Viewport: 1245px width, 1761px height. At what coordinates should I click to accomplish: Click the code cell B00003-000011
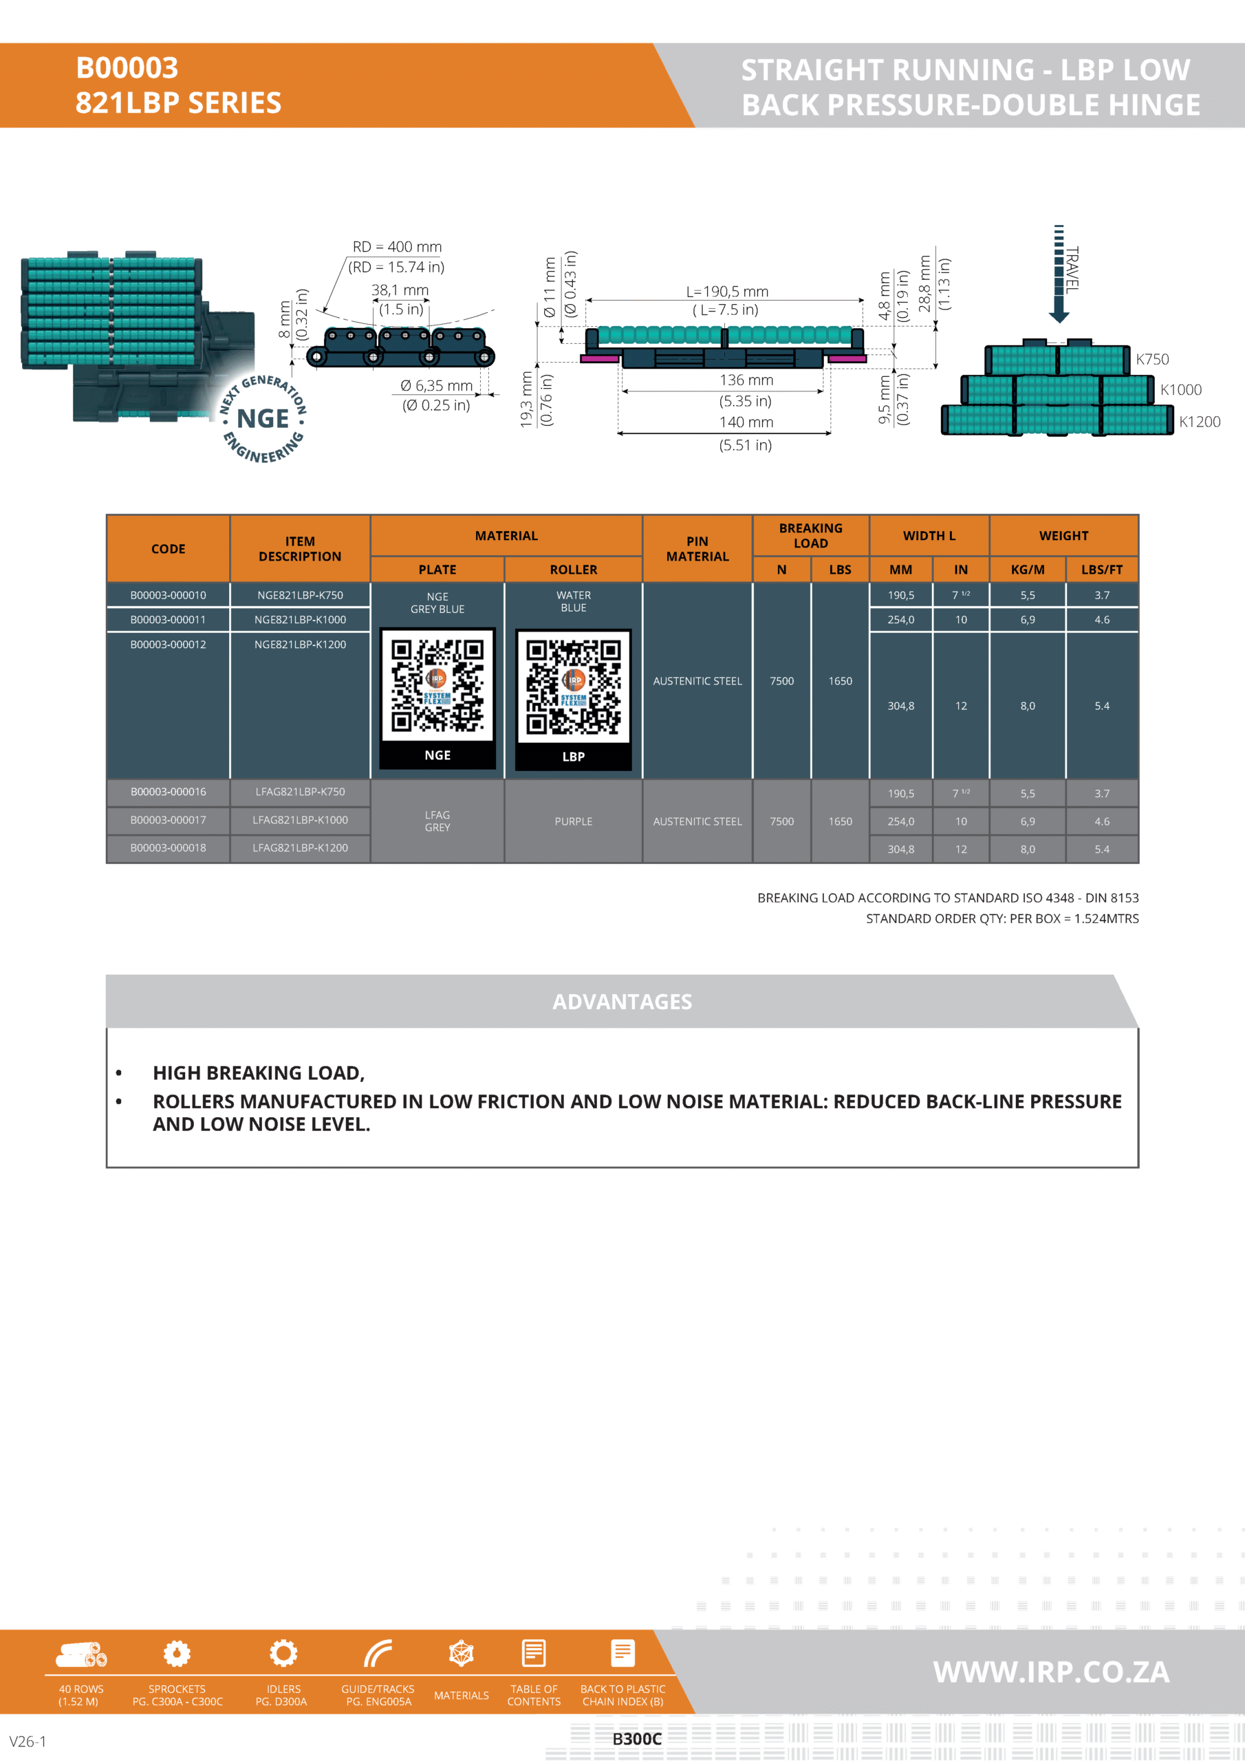pyautogui.click(x=168, y=620)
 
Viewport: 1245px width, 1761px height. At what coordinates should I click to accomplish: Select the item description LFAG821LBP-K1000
pyautogui.click(x=300, y=820)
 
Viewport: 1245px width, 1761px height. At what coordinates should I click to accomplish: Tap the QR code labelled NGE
pyautogui.click(x=437, y=686)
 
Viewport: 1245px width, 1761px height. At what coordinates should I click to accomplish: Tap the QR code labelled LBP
pyautogui.click(x=573, y=687)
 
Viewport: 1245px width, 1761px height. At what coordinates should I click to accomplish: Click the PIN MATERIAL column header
pyautogui.click(x=697, y=549)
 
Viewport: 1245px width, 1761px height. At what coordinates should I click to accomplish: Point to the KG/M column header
pyautogui.click(x=1027, y=570)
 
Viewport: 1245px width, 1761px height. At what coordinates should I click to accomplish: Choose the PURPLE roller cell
pyautogui.click(x=573, y=821)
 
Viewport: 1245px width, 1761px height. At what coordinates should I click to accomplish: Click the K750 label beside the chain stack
pyautogui.click(x=1152, y=359)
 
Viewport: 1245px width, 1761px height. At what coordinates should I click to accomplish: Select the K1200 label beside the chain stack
pyautogui.click(x=1199, y=422)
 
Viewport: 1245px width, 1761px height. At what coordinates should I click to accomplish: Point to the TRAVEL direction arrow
pyautogui.click(x=1059, y=276)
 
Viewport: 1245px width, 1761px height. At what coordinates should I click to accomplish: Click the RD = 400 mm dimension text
pyautogui.click(x=397, y=247)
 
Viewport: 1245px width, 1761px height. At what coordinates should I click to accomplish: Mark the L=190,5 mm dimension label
pyautogui.click(x=726, y=292)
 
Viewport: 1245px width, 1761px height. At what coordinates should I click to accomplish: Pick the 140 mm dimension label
pyautogui.click(x=746, y=422)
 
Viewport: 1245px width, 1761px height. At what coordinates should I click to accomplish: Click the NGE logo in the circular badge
pyautogui.click(x=263, y=419)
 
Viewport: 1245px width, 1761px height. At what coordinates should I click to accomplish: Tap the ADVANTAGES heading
pyautogui.click(x=622, y=1002)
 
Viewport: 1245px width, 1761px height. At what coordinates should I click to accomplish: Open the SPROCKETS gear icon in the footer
pyautogui.click(x=177, y=1653)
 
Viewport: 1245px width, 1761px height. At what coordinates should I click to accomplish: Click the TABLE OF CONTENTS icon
pyautogui.click(x=534, y=1653)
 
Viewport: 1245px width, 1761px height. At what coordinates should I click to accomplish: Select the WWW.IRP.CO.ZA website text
pyautogui.click(x=1051, y=1672)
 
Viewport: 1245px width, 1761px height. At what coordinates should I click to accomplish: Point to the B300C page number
pyautogui.click(x=637, y=1739)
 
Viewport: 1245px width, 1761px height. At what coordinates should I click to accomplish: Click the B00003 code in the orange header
pyautogui.click(x=127, y=68)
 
